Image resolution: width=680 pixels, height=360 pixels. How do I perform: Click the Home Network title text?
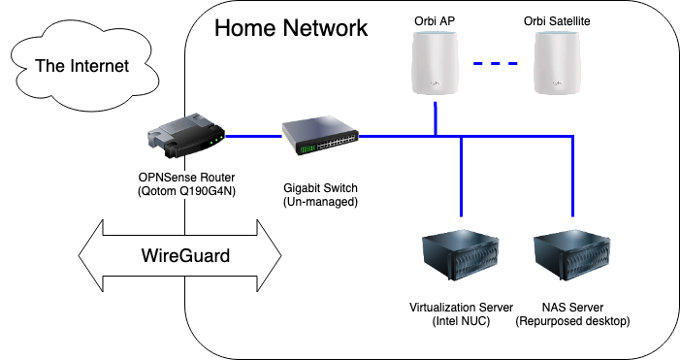point(291,27)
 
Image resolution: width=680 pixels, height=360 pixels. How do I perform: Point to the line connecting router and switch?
point(252,136)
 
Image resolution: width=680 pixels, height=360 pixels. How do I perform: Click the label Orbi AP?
point(436,19)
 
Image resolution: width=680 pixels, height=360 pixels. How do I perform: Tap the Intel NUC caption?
point(462,321)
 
